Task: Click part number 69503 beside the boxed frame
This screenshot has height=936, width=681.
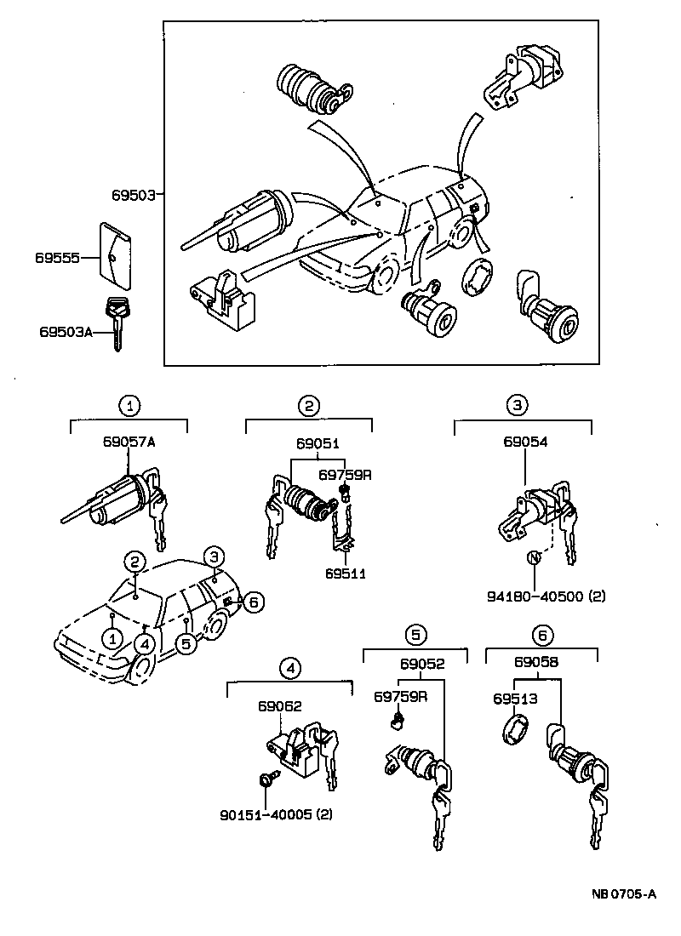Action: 133,195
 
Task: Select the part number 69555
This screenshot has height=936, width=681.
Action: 59,256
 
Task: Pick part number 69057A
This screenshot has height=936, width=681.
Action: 129,443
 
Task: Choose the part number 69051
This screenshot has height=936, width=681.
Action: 318,443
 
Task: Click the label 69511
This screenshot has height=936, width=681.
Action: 345,574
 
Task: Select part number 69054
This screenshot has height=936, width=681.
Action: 524,443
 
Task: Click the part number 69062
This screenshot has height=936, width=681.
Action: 280,705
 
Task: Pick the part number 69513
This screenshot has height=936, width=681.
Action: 514,699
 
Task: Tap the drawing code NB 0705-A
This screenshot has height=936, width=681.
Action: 624,894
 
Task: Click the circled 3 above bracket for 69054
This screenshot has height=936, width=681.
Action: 518,405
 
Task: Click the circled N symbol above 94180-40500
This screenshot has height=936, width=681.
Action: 534,558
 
